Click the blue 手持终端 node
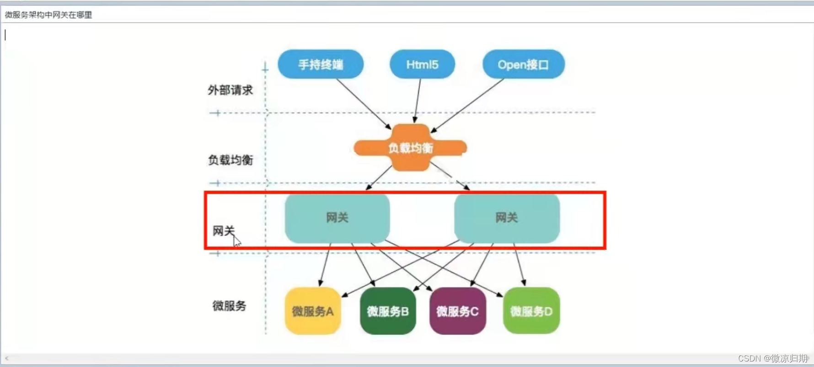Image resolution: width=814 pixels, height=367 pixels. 321,64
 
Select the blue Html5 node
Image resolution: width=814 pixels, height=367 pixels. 422,64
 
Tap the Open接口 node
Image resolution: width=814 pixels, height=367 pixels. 523,64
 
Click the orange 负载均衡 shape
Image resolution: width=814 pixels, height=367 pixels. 410,148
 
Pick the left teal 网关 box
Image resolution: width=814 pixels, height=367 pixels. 337,218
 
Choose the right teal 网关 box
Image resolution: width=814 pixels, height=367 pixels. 507,218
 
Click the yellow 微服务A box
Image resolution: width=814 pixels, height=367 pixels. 313,311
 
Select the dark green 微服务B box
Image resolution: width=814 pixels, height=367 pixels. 388,311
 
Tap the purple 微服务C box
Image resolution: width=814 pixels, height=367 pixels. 457,311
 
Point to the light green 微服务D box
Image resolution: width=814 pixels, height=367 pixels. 531,311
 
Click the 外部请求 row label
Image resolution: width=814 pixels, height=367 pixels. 230,90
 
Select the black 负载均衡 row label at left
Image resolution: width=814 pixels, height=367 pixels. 230,160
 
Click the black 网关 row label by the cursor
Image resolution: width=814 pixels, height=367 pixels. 223,231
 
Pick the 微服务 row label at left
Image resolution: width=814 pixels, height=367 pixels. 229,306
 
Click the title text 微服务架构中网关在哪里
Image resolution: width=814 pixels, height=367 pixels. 48,15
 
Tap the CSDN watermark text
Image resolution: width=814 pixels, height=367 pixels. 772,358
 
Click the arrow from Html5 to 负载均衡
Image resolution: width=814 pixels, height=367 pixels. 418,101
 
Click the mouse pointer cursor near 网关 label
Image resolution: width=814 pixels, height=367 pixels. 236,241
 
